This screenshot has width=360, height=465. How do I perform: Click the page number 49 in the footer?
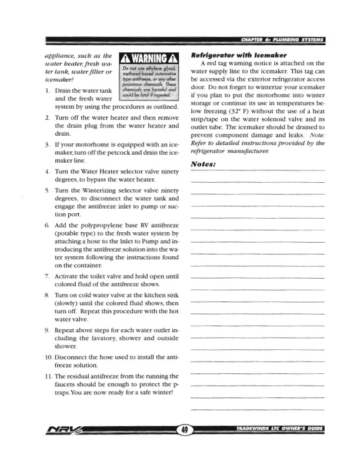point(185,430)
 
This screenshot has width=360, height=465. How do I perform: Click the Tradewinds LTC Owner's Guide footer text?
point(279,430)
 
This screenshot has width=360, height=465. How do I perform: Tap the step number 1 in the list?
point(46,91)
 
